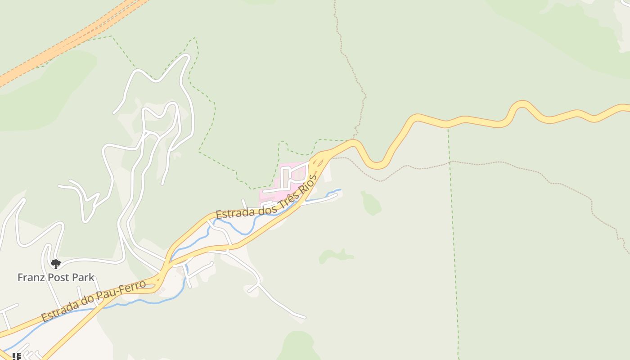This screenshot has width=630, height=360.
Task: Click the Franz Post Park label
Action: coord(56,277)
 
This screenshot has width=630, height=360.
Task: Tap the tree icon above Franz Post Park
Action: coord(56,264)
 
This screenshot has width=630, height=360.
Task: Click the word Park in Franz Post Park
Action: coord(83,277)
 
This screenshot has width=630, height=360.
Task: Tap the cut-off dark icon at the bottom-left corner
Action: coord(16,356)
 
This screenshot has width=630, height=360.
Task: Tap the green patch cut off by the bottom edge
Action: coord(297,346)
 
